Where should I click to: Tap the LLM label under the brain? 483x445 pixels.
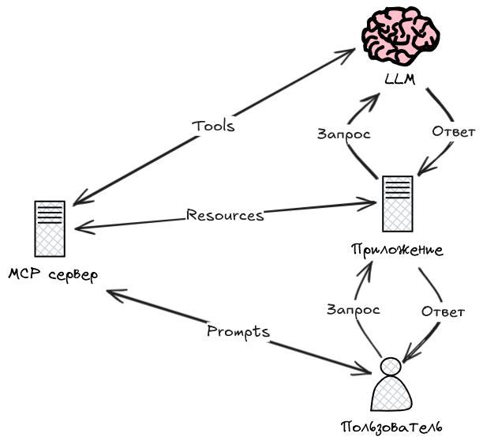[x=401, y=81]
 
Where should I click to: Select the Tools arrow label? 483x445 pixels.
[x=213, y=126]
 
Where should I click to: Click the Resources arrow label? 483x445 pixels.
[x=225, y=215]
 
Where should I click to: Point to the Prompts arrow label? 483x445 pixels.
[x=238, y=331]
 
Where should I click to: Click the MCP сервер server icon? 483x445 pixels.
[x=50, y=227]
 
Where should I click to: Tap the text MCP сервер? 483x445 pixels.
[x=53, y=275]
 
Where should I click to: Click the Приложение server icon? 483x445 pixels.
[x=397, y=203]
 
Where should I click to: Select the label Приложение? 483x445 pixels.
[x=397, y=250]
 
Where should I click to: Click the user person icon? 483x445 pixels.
[x=391, y=387]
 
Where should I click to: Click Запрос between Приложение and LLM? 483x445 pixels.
[x=343, y=134]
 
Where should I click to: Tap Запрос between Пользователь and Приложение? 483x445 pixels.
[x=353, y=310]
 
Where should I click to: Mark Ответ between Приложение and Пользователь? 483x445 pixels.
[x=442, y=311]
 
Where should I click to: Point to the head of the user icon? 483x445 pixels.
[x=391, y=367]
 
